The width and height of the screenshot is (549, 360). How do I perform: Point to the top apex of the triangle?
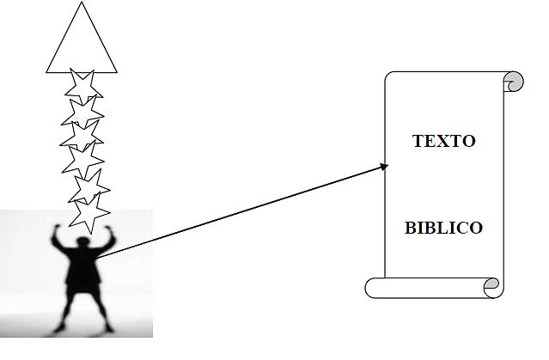pyautogui.click(x=82, y=4)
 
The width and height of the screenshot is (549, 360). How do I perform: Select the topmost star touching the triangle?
pyautogui.click(x=83, y=85)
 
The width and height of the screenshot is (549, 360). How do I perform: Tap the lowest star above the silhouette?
pyautogui.click(x=89, y=211)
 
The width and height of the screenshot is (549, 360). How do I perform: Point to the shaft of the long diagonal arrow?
pyautogui.click(x=241, y=211)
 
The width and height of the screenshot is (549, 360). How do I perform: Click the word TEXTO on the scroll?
pyautogui.click(x=443, y=141)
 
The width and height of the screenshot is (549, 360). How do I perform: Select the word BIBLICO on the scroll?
pyautogui.click(x=443, y=228)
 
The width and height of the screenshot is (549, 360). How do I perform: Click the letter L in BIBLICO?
pyautogui.click(x=438, y=228)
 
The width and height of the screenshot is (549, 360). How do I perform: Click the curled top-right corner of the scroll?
pyautogui.click(x=513, y=82)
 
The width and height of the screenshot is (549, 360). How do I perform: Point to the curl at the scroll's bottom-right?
pyautogui.click(x=491, y=287)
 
